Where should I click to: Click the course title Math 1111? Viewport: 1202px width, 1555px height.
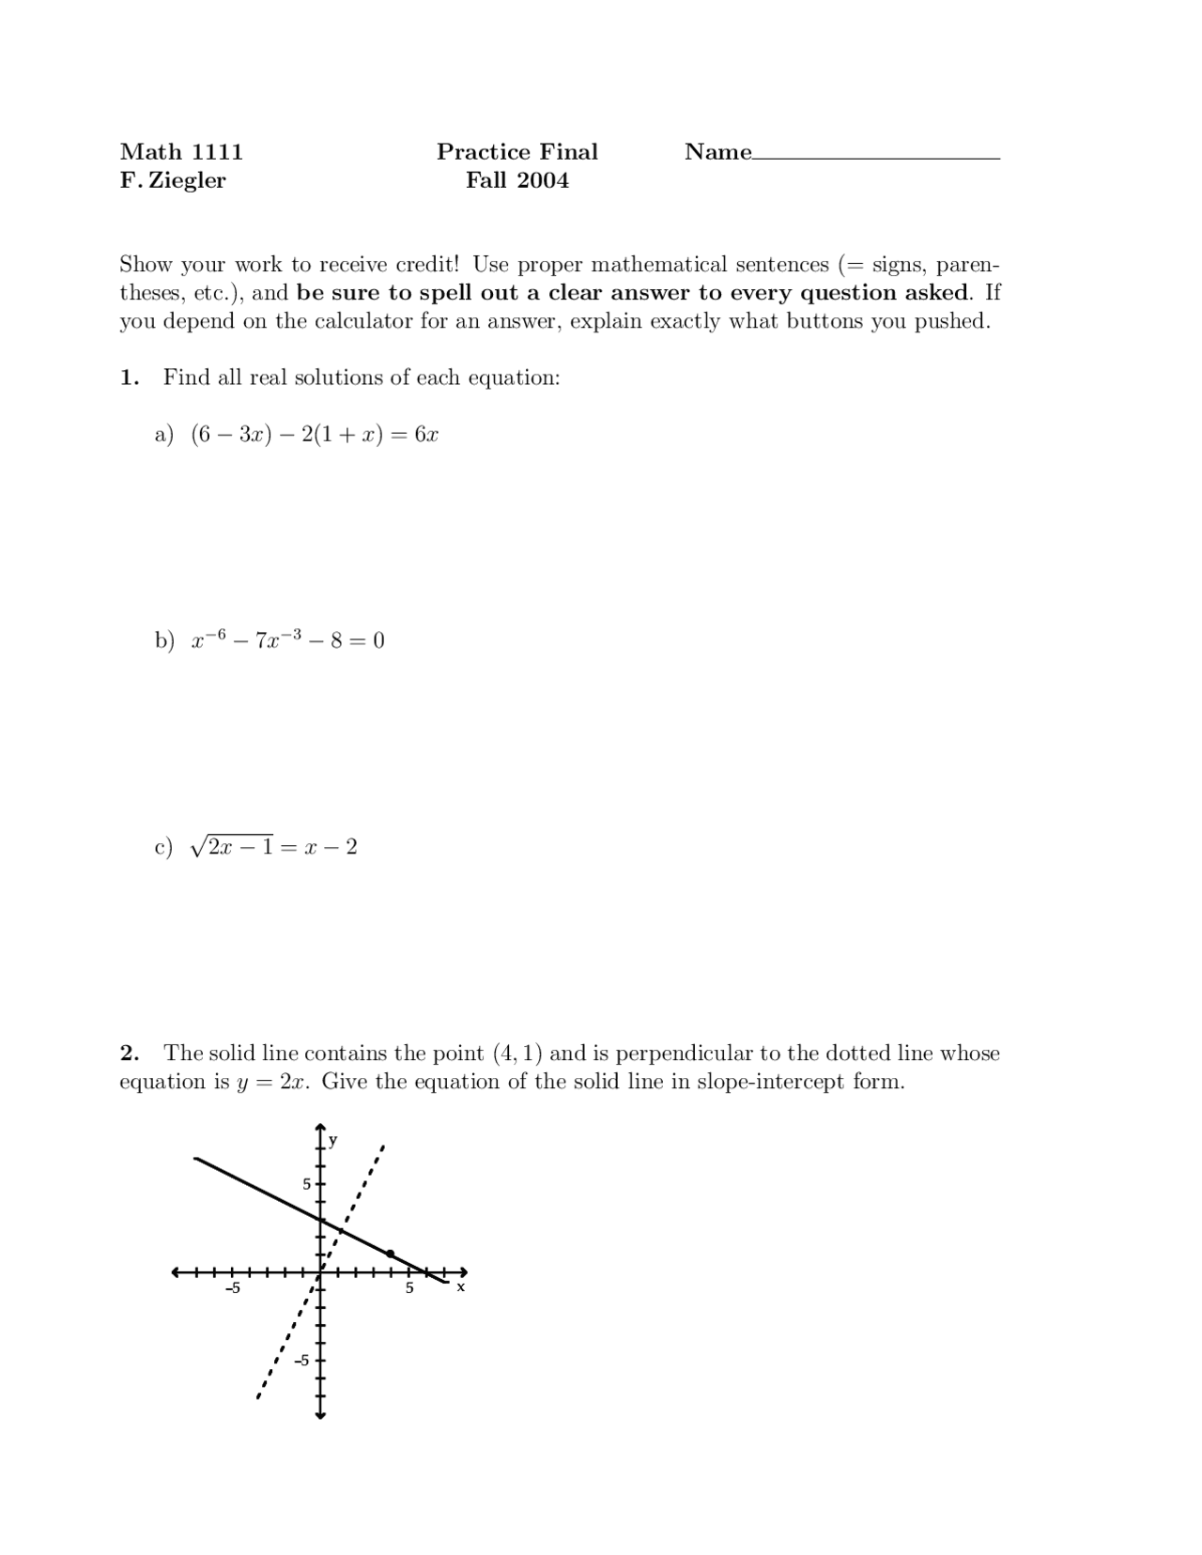coord(181,152)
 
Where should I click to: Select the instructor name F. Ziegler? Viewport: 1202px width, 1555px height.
coord(173,180)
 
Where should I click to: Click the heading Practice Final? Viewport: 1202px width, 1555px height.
coord(516,152)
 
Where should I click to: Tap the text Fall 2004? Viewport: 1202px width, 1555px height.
coord(516,180)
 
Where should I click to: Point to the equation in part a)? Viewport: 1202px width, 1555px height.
coord(315,434)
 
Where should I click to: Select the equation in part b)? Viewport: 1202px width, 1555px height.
coord(287,640)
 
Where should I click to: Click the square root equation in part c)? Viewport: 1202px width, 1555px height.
coord(273,847)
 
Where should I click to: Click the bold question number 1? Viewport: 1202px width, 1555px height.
coord(129,377)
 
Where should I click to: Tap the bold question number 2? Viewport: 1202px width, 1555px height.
coord(129,1054)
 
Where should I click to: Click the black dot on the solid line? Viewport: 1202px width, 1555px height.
coord(391,1254)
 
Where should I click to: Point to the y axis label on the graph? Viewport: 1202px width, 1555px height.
coord(332,1141)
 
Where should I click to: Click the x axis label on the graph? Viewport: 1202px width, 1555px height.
coord(460,1287)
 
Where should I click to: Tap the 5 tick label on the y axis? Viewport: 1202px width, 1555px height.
coord(306,1184)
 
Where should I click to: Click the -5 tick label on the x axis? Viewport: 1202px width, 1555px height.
coord(232,1288)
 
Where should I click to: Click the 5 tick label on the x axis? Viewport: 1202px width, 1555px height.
coord(408,1288)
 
